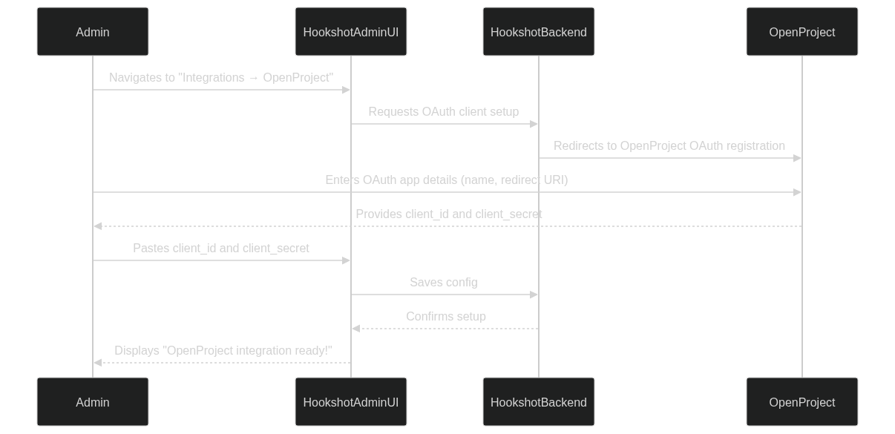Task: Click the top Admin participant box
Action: (x=93, y=32)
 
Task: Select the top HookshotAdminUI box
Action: (x=351, y=32)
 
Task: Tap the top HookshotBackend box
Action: (x=539, y=32)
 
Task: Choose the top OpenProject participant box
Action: (x=802, y=32)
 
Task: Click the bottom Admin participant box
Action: (x=93, y=401)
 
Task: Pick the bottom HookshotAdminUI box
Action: (x=351, y=401)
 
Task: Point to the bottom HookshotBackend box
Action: (x=539, y=401)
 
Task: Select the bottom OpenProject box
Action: (x=802, y=401)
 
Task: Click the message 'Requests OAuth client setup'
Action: (x=444, y=112)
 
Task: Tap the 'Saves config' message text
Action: (x=444, y=282)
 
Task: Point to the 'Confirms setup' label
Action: (x=446, y=317)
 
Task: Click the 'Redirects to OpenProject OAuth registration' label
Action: (x=669, y=145)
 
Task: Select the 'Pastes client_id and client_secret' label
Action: (x=221, y=249)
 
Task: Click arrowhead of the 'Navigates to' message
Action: (x=346, y=90)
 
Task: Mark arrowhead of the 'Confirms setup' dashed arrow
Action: (x=356, y=329)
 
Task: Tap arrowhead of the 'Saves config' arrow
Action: (x=534, y=295)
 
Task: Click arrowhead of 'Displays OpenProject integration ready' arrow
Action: (x=98, y=363)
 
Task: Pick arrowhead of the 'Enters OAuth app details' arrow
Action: (x=797, y=192)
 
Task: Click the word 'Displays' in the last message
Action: (x=137, y=351)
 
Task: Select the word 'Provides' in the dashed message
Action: (x=378, y=214)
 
